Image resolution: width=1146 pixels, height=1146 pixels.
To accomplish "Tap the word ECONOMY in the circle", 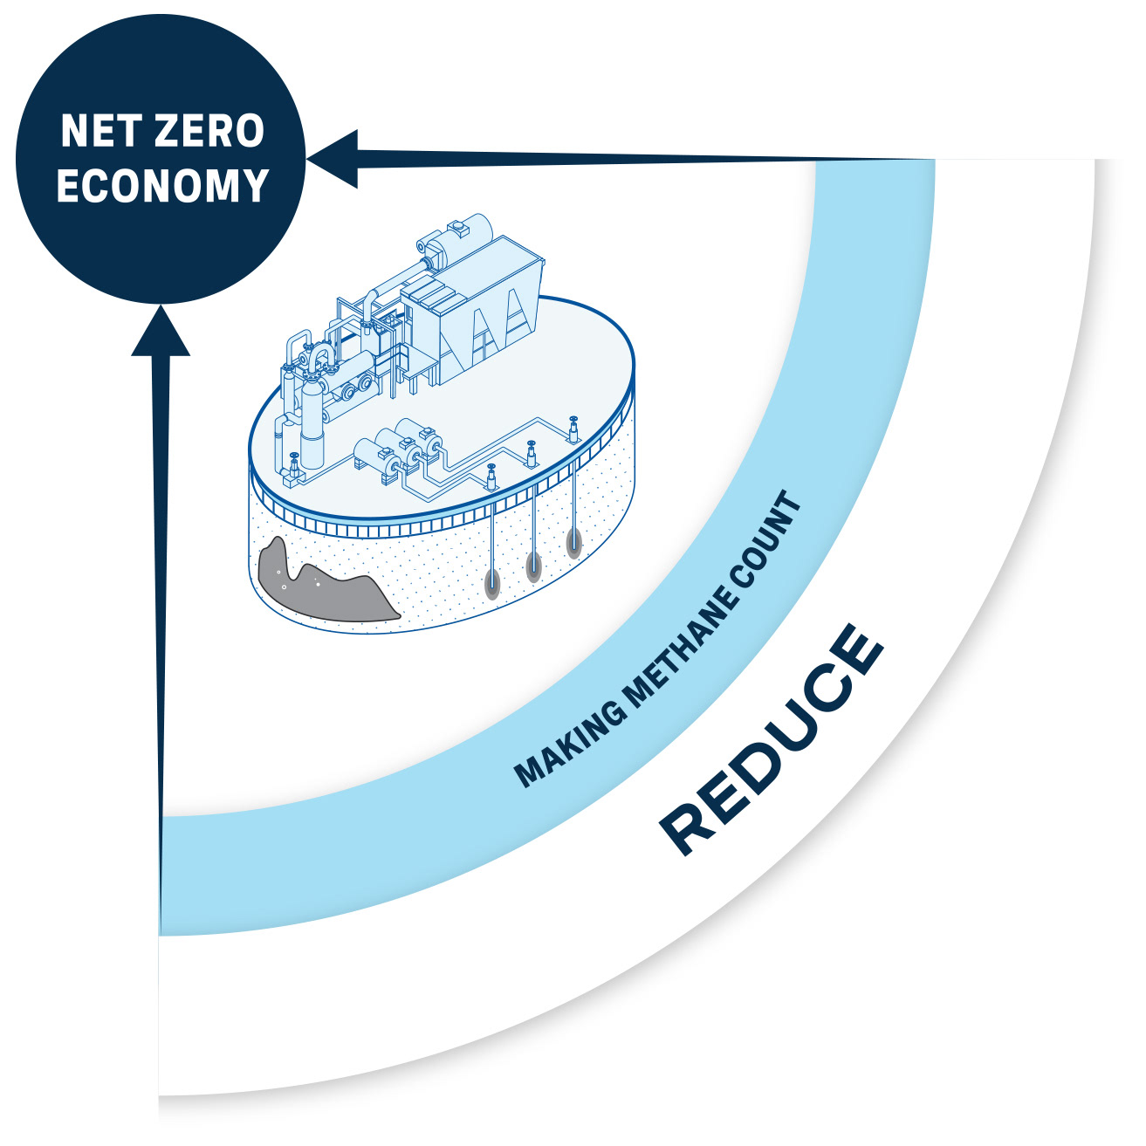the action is click(162, 186).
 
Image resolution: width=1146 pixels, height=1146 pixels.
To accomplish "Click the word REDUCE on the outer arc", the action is click(772, 738).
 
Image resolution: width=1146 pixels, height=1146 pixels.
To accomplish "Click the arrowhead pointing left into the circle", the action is click(336, 159).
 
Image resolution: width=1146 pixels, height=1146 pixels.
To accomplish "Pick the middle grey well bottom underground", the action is click(532, 566).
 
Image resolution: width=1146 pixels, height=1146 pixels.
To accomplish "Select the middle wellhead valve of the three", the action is click(532, 453).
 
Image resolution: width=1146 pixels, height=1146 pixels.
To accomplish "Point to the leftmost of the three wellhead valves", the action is click(491, 477).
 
